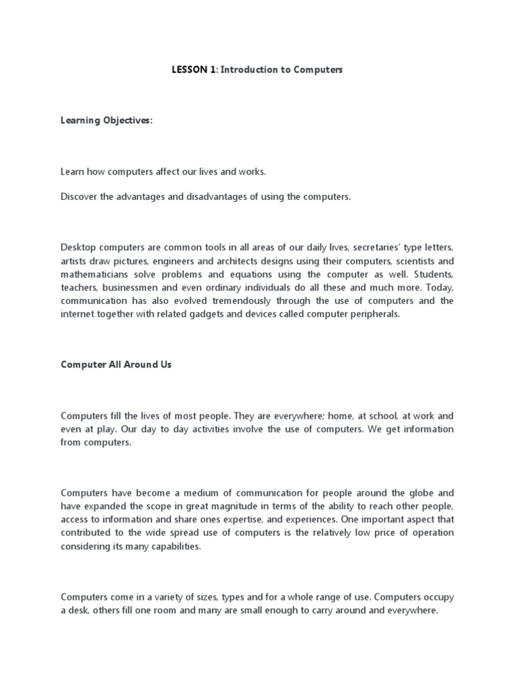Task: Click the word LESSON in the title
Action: pos(188,70)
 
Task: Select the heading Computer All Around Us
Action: pos(116,364)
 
